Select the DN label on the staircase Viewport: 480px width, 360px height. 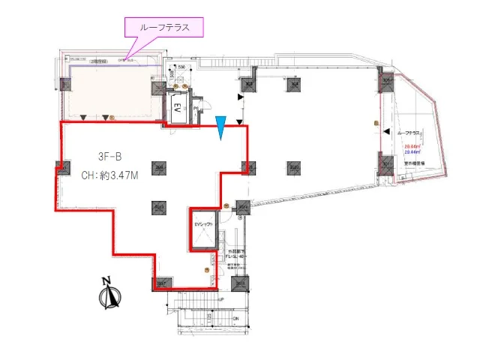(x=235, y=319)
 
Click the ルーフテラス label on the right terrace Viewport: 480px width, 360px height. (x=412, y=132)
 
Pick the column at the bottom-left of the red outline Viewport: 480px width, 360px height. (x=162, y=283)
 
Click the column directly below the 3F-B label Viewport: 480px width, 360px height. (x=158, y=206)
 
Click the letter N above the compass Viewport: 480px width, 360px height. (x=106, y=281)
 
